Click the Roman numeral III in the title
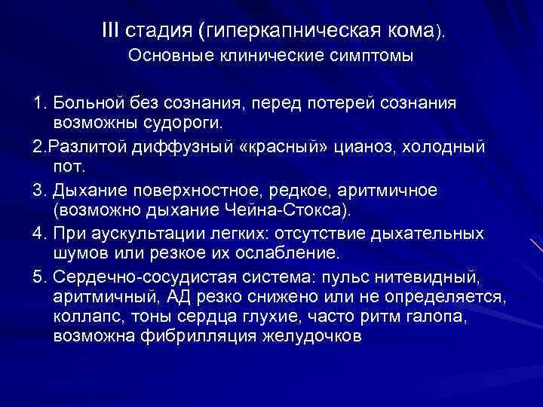(x=111, y=31)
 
